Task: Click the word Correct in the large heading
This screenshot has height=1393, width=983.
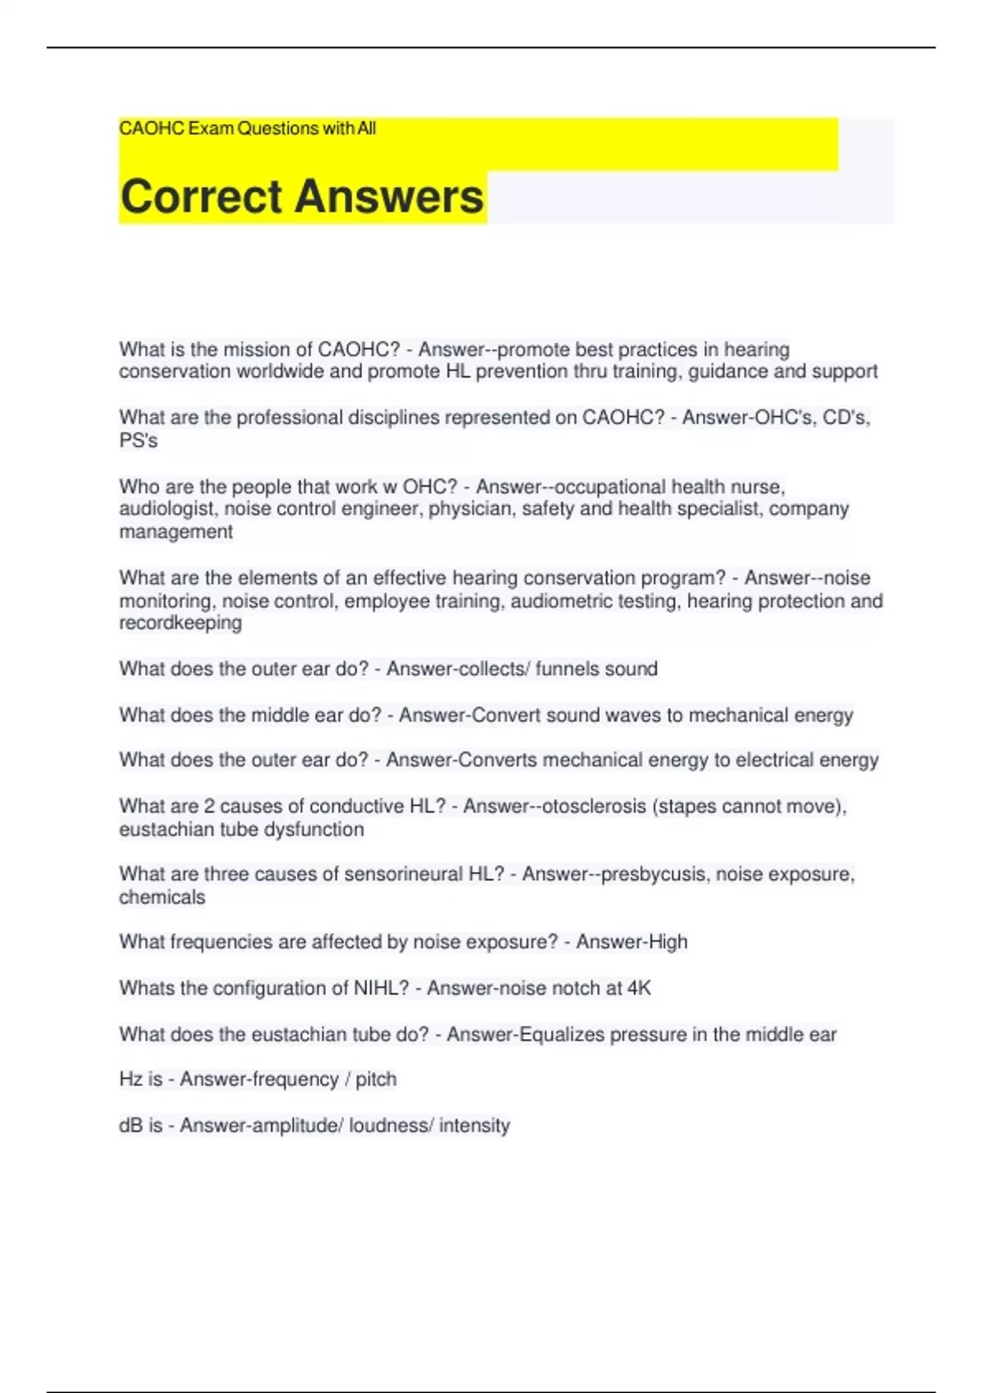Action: click(201, 197)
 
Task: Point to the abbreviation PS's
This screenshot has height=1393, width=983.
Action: click(138, 441)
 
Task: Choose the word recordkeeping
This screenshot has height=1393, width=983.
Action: click(180, 623)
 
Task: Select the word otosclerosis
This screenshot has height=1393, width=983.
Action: click(588, 806)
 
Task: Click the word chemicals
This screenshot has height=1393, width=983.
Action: click(162, 897)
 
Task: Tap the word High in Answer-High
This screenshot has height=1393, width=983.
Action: click(665, 942)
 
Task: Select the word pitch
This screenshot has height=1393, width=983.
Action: click(376, 1079)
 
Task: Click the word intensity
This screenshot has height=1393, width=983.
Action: click(474, 1126)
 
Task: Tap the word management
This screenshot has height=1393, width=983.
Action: click(176, 532)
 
